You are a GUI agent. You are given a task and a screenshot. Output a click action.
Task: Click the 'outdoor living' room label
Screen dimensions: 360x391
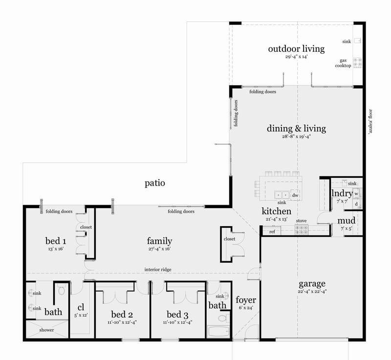(x=296, y=49)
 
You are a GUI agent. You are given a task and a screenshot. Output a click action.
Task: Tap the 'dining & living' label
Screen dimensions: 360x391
(x=296, y=129)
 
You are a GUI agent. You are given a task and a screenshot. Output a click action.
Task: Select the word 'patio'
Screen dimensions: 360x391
(x=155, y=184)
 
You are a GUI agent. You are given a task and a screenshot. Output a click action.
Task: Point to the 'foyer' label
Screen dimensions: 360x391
(x=246, y=300)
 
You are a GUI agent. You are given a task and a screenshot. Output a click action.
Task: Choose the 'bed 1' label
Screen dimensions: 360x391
(x=56, y=241)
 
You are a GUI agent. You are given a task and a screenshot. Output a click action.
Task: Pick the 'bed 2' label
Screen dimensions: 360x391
(x=123, y=314)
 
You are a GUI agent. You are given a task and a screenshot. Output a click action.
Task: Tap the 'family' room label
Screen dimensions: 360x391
(x=160, y=241)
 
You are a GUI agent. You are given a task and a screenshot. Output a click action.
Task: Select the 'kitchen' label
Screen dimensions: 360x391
(x=276, y=212)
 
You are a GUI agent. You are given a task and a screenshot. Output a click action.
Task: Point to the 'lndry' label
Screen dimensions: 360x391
(x=342, y=193)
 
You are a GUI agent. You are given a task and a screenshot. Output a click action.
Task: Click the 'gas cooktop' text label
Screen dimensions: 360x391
(x=343, y=64)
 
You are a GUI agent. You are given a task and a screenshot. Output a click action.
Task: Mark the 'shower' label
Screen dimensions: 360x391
(x=47, y=330)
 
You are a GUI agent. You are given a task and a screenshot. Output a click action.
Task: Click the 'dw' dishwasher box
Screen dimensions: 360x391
(x=295, y=195)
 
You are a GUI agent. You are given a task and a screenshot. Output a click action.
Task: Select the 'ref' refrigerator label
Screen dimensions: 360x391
(x=272, y=232)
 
